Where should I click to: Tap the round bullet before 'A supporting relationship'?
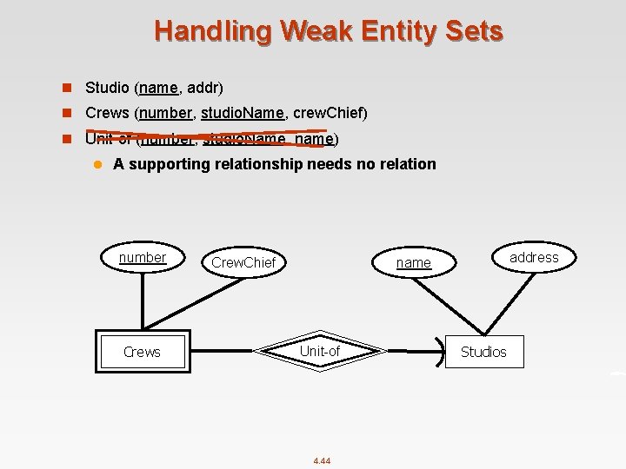(98, 164)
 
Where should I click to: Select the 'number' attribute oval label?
(143, 257)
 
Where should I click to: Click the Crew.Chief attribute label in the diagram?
(243, 262)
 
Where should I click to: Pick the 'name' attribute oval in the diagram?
(413, 262)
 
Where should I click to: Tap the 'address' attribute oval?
(534, 257)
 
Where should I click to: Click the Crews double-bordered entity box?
(142, 352)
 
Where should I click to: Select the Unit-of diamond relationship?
(320, 352)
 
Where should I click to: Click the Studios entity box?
(483, 352)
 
